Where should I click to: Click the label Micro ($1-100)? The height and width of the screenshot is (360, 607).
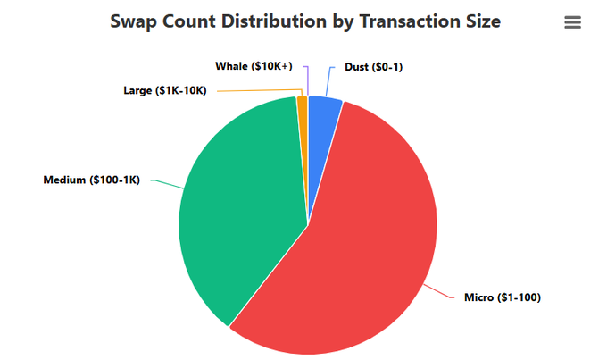(x=503, y=297)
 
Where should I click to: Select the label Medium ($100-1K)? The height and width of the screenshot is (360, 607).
(x=91, y=180)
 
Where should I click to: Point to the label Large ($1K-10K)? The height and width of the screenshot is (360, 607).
(x=164, y=91)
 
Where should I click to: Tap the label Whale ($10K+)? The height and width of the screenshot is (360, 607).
(x=254, y=66)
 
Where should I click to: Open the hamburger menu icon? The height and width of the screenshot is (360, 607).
(x=573, y=22)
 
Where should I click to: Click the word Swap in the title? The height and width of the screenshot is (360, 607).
(x=136, y=21)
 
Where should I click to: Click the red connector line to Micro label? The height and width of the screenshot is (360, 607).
(x=437, y=290)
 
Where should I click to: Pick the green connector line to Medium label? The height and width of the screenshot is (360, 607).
(x=165, y=183)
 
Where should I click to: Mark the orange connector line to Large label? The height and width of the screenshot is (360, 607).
(x=259, y=91)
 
